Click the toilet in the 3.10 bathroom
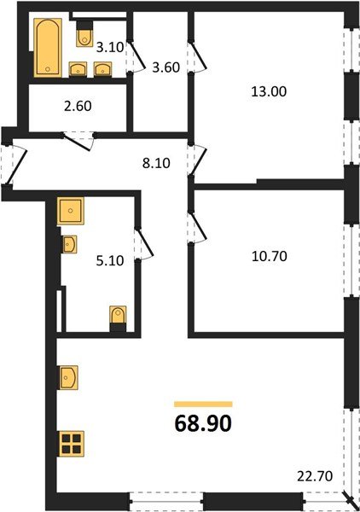(84, 35)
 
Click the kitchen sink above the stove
(68, 376)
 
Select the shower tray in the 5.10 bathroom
(70, 210)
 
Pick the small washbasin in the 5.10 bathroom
(70, 245)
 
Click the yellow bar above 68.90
(203, 403)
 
